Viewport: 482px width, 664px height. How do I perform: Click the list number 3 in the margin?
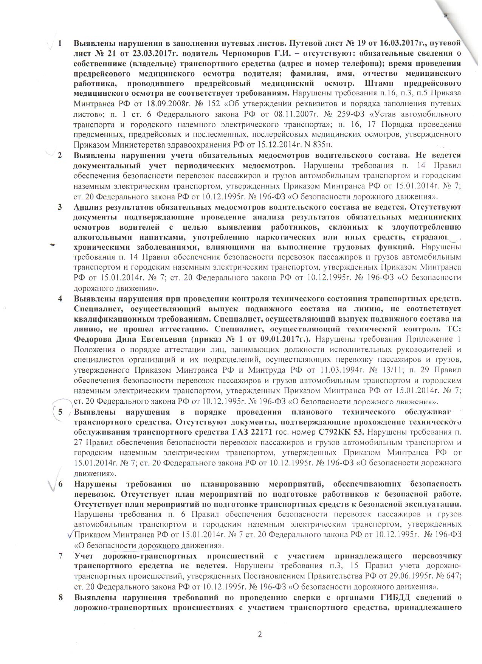click(x=59, y=207)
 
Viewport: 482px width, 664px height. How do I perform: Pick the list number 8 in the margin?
click(x=59, y=598)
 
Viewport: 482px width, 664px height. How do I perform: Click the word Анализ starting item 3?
click(x=88, y=207)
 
